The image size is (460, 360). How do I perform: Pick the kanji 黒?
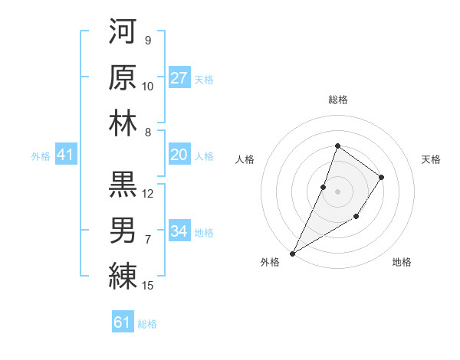(x=123, y=184)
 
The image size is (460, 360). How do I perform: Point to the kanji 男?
(x=123, y=230)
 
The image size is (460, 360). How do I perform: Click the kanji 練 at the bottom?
(x=123, y=276)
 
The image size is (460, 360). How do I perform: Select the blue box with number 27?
(x=179, y=78)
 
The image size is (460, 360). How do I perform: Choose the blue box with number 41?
(x=65, y=155)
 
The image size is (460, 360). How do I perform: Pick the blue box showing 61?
(x=123, y=322)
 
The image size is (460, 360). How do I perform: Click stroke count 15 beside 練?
(x=149, y=286)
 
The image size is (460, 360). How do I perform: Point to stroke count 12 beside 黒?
(x=148, y=194)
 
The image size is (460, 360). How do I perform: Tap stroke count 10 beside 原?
(x=148, y=87)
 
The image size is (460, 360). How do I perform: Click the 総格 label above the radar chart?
(x=337, y=100)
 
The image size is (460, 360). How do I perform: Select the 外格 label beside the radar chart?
(x=270, y=262)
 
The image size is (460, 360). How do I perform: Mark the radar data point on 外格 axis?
(x=293, y=253)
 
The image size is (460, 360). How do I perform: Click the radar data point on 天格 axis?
(x=381, y=178)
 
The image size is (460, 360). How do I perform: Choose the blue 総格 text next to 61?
(x=147, y=324)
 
